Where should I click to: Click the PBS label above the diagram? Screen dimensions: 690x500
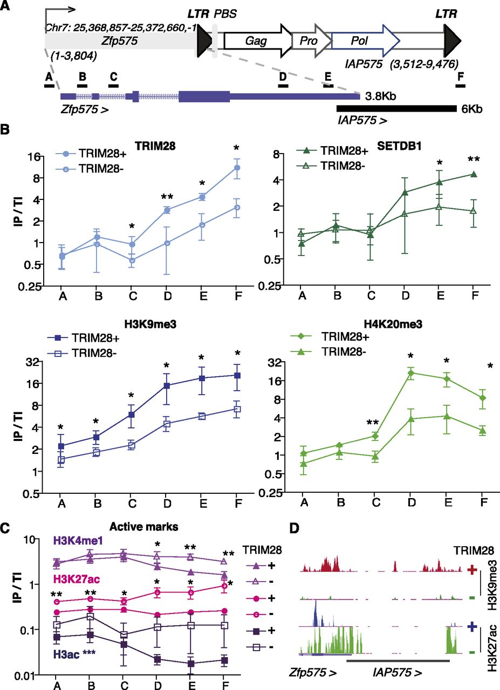226,12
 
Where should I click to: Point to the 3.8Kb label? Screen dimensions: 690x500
381,96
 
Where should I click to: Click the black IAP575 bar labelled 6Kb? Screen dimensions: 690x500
396,108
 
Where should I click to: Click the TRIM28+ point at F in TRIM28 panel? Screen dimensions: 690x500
236,168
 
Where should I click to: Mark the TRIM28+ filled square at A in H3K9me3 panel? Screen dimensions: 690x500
61,446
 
